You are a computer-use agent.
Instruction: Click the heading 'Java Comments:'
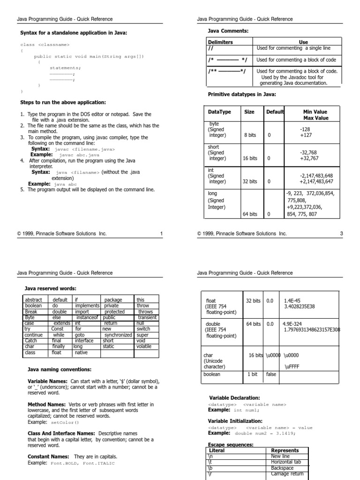228,31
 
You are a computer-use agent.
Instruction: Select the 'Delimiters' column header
220,42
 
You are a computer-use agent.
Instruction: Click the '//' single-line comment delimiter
210,48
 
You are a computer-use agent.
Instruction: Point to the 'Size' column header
249,112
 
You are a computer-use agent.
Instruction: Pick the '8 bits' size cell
250,135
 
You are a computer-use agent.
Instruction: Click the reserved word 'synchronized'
118,335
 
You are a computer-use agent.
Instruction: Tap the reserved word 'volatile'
144,346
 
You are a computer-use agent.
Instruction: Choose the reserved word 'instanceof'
87,317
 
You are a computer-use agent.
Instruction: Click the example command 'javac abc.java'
79,155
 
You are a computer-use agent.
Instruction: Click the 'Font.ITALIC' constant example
100,463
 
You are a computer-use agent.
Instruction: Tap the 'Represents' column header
285,450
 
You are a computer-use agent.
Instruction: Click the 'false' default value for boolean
271,375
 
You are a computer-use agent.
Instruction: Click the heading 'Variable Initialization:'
235,421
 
